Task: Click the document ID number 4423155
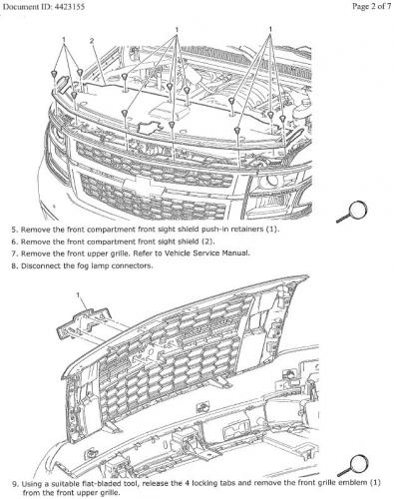[68, 6]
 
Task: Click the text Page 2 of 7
[372, 6]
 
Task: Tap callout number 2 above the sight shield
[92, 41]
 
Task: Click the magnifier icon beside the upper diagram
[352, 212]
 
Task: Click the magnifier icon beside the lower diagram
[353, 465]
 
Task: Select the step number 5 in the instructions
[14, 230]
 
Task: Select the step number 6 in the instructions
[14, 242]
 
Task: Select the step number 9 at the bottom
[15, 483]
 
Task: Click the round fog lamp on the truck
[269, 181]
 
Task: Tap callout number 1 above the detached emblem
[78, 294]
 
